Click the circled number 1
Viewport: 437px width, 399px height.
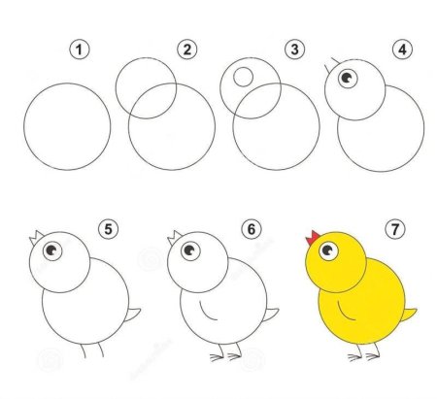coord(80,50)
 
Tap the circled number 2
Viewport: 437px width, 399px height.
coord(187,50)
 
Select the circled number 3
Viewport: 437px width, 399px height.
coord(294,50)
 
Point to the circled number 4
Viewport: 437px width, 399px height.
coord(402,50)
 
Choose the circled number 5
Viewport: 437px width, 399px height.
coord(109,229)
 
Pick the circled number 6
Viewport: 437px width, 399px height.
coord(252,229)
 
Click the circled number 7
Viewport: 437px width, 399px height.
coord(395,229)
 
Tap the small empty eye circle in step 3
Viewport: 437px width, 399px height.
coord(243,77)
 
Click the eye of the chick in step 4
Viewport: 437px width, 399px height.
coord(348,78)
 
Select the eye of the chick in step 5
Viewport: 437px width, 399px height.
coord(52,250)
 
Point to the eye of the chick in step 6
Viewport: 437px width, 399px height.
coord(190,250)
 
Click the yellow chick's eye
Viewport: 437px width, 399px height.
coord(328,250)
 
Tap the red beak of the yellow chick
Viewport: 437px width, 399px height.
coord(313,238)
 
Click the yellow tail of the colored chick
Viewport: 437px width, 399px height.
coord(409,315)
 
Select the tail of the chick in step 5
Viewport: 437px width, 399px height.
coord(132,315)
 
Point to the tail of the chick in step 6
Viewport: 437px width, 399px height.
coord(271,315)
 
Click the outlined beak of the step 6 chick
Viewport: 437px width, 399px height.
coord(175,238)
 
